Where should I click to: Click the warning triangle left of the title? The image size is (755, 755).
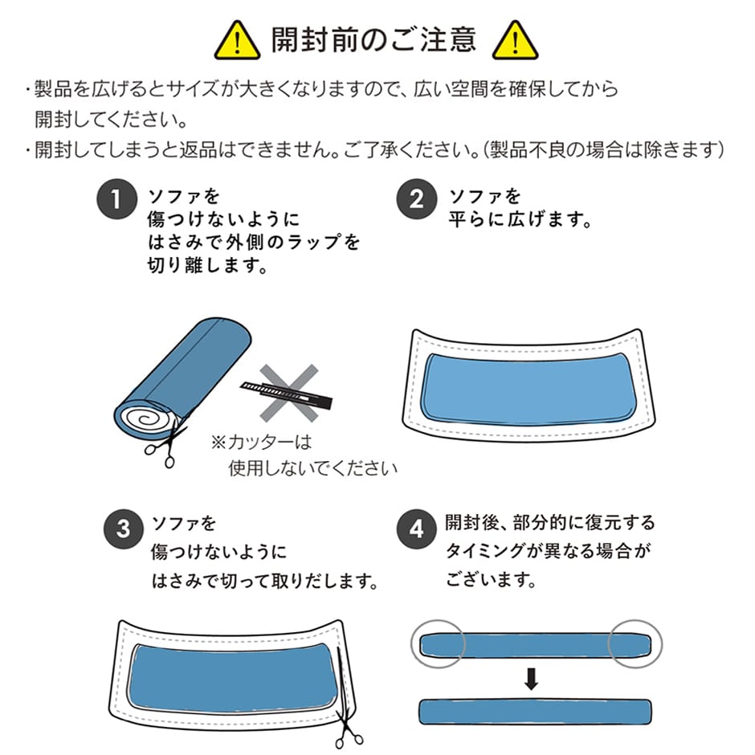pyautogui.click(x=237, y=41)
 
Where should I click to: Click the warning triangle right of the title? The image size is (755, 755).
pyautogui.click(x=515, y=41)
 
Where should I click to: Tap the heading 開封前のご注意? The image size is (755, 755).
pyautogui.click(x=374, y=40)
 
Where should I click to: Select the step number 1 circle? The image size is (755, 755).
pyautogui.click(x=117, y=199)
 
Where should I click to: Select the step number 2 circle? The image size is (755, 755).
pyautogui.click(x=417, y=199)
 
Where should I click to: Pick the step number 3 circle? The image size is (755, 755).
pyautogui.click(x=124, y=528)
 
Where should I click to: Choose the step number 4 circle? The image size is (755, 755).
pyautogui.click(x=417, y=528)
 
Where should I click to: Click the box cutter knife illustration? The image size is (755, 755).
pyautogui.click(x=286, y=393)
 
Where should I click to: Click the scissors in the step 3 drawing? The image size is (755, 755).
pyautogui.click(x=345, y=708)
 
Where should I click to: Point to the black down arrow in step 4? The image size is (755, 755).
pyautogui.click(x=531, y=679)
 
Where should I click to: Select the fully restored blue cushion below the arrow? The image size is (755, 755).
pyautogui.click(x=535, y=712)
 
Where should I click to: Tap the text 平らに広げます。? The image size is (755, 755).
pyautogui.click(x=520, y=220)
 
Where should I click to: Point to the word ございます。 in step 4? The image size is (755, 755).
pyautogui.click(x=491, y=579)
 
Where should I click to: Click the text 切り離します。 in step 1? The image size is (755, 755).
pyautogui.click(x=207, y=265)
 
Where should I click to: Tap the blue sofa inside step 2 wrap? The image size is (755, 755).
pyautogui.click(x=528, y=389)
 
